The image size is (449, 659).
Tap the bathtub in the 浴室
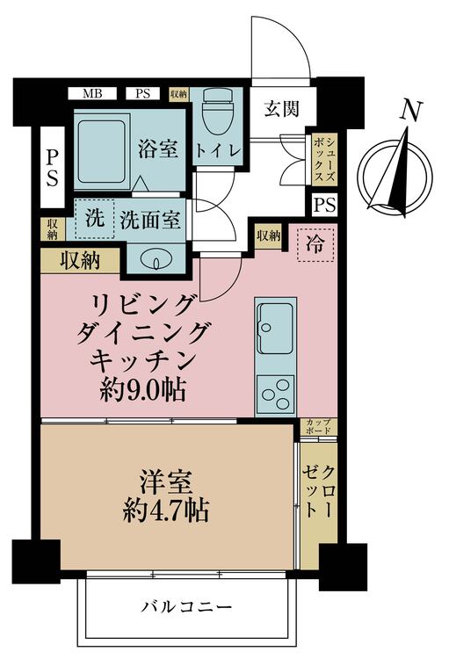[102, 151]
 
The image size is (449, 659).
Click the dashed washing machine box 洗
[95, 219]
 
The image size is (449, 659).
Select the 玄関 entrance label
[282, 109]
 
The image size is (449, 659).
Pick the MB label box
[92, 93]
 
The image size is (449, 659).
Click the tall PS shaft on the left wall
[52, 167]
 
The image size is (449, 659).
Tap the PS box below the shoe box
[325, 206]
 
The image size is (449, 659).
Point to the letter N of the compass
[410, 112]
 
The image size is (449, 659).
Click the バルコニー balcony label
[186, 607]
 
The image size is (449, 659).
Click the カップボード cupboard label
[319, 426]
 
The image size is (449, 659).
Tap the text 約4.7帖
[166, 511]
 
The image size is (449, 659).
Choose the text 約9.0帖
[143, 391]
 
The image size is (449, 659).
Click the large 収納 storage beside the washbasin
[80, 261]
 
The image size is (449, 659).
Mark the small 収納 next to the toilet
[178, 94]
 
